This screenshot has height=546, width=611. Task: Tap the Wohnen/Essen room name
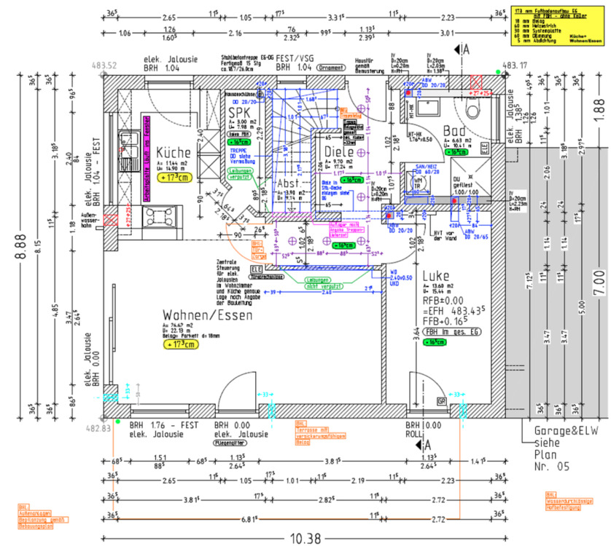(207, 315)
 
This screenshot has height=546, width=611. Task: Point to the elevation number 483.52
(104, 66)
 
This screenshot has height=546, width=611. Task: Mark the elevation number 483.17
(515, 65)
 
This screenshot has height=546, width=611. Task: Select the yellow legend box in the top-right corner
(559, 26)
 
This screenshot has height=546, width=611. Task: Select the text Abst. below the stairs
(289, 184)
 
